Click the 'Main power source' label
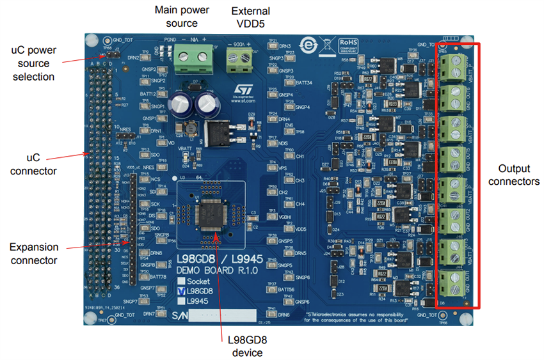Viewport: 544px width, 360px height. [177, 17]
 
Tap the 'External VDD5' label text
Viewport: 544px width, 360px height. [250, 17]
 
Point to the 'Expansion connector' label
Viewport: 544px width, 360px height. [33, 253]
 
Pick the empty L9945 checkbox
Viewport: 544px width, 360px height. [182, 301]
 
